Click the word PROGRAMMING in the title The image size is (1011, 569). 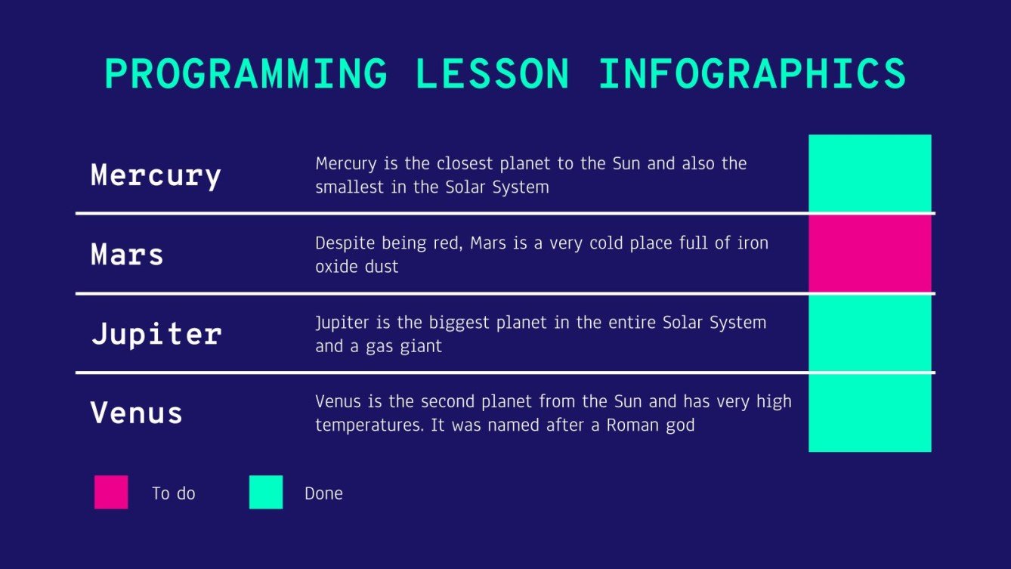coord(246,75)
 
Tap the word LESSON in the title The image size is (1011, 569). coord(493,75)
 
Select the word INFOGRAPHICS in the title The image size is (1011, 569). coord(752,75)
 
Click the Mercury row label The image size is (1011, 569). coord(156,175)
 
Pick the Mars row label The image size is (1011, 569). coord(127,255)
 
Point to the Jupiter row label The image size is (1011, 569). coord(156,334)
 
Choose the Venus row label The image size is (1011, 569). coord(137,413)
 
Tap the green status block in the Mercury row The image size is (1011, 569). coord(870,174)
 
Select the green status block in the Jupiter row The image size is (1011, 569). coord(870,333)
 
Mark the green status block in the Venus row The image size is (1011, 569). coord(870,413)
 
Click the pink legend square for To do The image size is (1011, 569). coord(111,492)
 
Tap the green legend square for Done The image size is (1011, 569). coord(266,492)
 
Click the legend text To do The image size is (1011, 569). coord(174,493)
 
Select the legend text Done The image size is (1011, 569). coord(323,493)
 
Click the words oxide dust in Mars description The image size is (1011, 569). coord(357,267)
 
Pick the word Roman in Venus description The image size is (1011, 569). coord(631,425)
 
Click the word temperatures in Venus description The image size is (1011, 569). coord(369,426)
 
